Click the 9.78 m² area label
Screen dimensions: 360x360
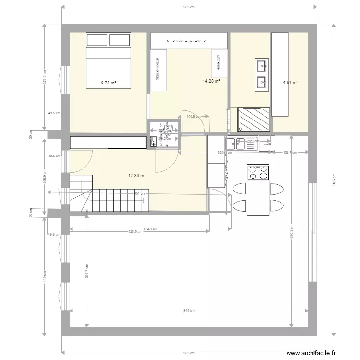[x=108, y=83]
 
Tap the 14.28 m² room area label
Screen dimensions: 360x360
[x=211, y=81]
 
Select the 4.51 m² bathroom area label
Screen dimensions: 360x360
[x=290, y=83]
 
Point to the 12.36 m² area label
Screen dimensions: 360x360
[x=137, y=176]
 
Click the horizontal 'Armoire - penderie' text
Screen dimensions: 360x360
[x=186, y=41]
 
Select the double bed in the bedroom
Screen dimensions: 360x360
[x=108, y=60]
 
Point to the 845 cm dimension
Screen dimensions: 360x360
[x=189, y=310]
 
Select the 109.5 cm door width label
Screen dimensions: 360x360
[x=192, y=116]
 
